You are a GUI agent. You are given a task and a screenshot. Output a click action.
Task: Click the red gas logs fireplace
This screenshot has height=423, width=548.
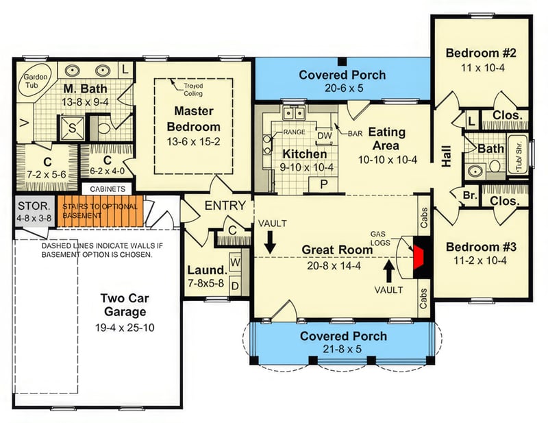[x=419, y=257]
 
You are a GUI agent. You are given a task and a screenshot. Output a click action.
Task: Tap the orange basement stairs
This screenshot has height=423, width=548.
[x=99, y=210]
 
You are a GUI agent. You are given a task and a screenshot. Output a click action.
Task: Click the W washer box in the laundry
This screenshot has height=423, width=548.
[x=235, y=262]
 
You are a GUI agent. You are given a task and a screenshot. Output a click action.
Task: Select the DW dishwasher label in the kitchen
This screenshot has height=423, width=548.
[x=325, y=136]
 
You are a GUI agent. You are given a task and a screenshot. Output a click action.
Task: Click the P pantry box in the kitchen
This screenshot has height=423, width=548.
[x=325, y=186]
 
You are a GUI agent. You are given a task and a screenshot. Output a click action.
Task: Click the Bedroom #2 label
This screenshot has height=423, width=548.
[x=480, y=53]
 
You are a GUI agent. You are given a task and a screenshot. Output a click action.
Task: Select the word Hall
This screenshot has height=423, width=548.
[x=447, y=160]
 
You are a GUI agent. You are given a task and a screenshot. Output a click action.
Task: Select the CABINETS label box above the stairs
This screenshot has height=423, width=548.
[x=107, y=189]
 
